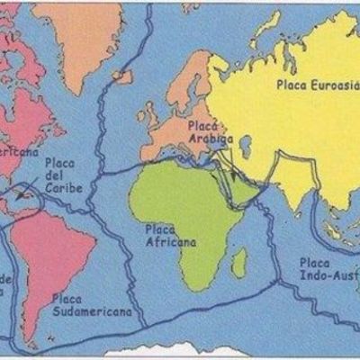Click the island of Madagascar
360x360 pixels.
[238, 262]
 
